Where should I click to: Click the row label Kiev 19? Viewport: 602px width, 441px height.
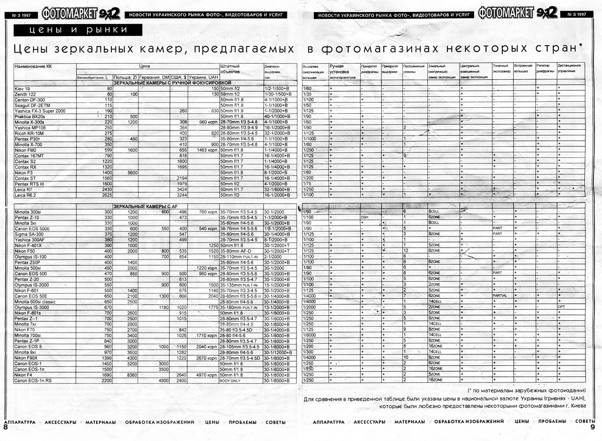pyautogui.click(x=22, y=89)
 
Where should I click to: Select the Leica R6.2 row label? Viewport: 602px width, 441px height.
pyautogui.click(x=26, y=195)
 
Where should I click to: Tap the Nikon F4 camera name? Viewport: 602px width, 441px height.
pyautogui.click(x=23, y=375)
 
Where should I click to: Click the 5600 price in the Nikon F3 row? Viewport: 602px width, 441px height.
pyautogui.click(x=132, y=172)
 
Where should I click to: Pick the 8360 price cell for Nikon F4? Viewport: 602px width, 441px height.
pyautogui.click(x=132, y=375)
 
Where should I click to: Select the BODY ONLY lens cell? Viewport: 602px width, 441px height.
pyautogui.click(x=230, y=381)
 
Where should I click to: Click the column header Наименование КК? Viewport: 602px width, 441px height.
pyautogui.click(x=34, y=66)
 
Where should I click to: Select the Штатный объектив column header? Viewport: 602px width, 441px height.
pyautogui.click(x=230, y=69)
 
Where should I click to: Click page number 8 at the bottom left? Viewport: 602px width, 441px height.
pyautogui.click(x=6, y=428)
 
